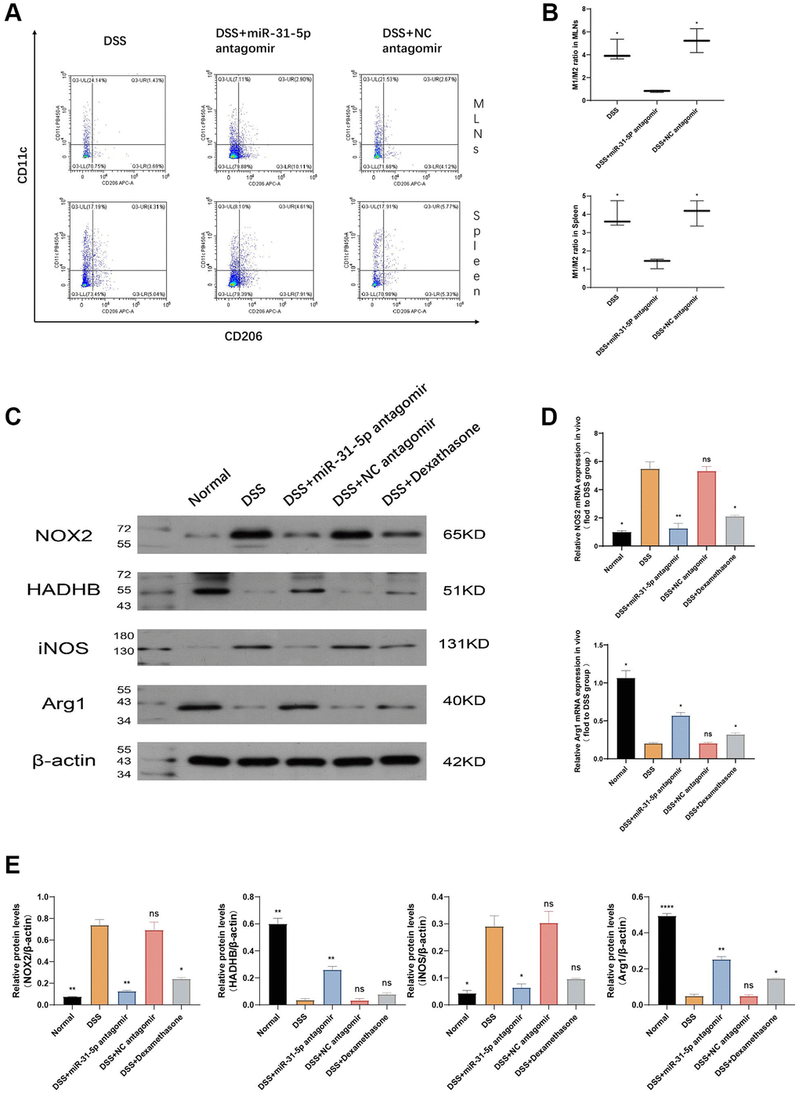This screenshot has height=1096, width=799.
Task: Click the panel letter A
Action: [13, 13]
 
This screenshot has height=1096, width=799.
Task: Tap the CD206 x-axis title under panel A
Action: [243, 336]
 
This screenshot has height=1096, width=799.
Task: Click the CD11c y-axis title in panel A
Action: [23, 165]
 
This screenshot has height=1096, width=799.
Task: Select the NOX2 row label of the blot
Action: [63, 536]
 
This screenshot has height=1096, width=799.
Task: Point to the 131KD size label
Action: [464, 644]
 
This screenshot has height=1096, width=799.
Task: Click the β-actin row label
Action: [63, 761]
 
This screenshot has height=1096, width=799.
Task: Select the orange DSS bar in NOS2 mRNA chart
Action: [649, 507]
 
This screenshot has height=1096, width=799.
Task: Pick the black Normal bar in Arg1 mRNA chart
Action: [625, 718]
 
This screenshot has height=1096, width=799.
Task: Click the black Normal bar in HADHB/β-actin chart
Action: [277, 964]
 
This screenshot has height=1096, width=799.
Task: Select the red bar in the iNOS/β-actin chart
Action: [548, 964]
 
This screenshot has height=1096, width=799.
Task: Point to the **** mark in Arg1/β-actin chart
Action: [667, 907]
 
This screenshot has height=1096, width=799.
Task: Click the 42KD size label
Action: [464, 761]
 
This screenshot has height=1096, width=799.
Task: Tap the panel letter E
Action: [13, 866]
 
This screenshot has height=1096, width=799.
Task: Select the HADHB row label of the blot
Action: [63, 590]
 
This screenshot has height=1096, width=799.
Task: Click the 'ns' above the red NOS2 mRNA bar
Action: [707, 460]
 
